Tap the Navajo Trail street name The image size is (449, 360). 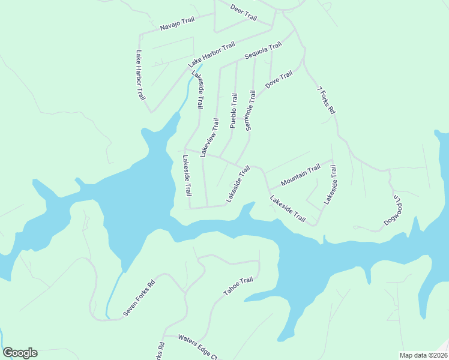point(178,24)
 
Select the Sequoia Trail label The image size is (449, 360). point(263,52)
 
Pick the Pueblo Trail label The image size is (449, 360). point(234,110)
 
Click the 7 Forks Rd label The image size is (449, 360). point(326,101)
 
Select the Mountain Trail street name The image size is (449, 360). point(301,176)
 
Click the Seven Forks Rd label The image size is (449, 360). point(139,299)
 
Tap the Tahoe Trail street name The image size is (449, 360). point(238,286)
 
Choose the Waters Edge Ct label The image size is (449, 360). point(197,347)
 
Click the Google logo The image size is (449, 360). point(20,353)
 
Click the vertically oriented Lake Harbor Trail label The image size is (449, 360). point(140,75)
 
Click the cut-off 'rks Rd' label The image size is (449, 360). point(160,352)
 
